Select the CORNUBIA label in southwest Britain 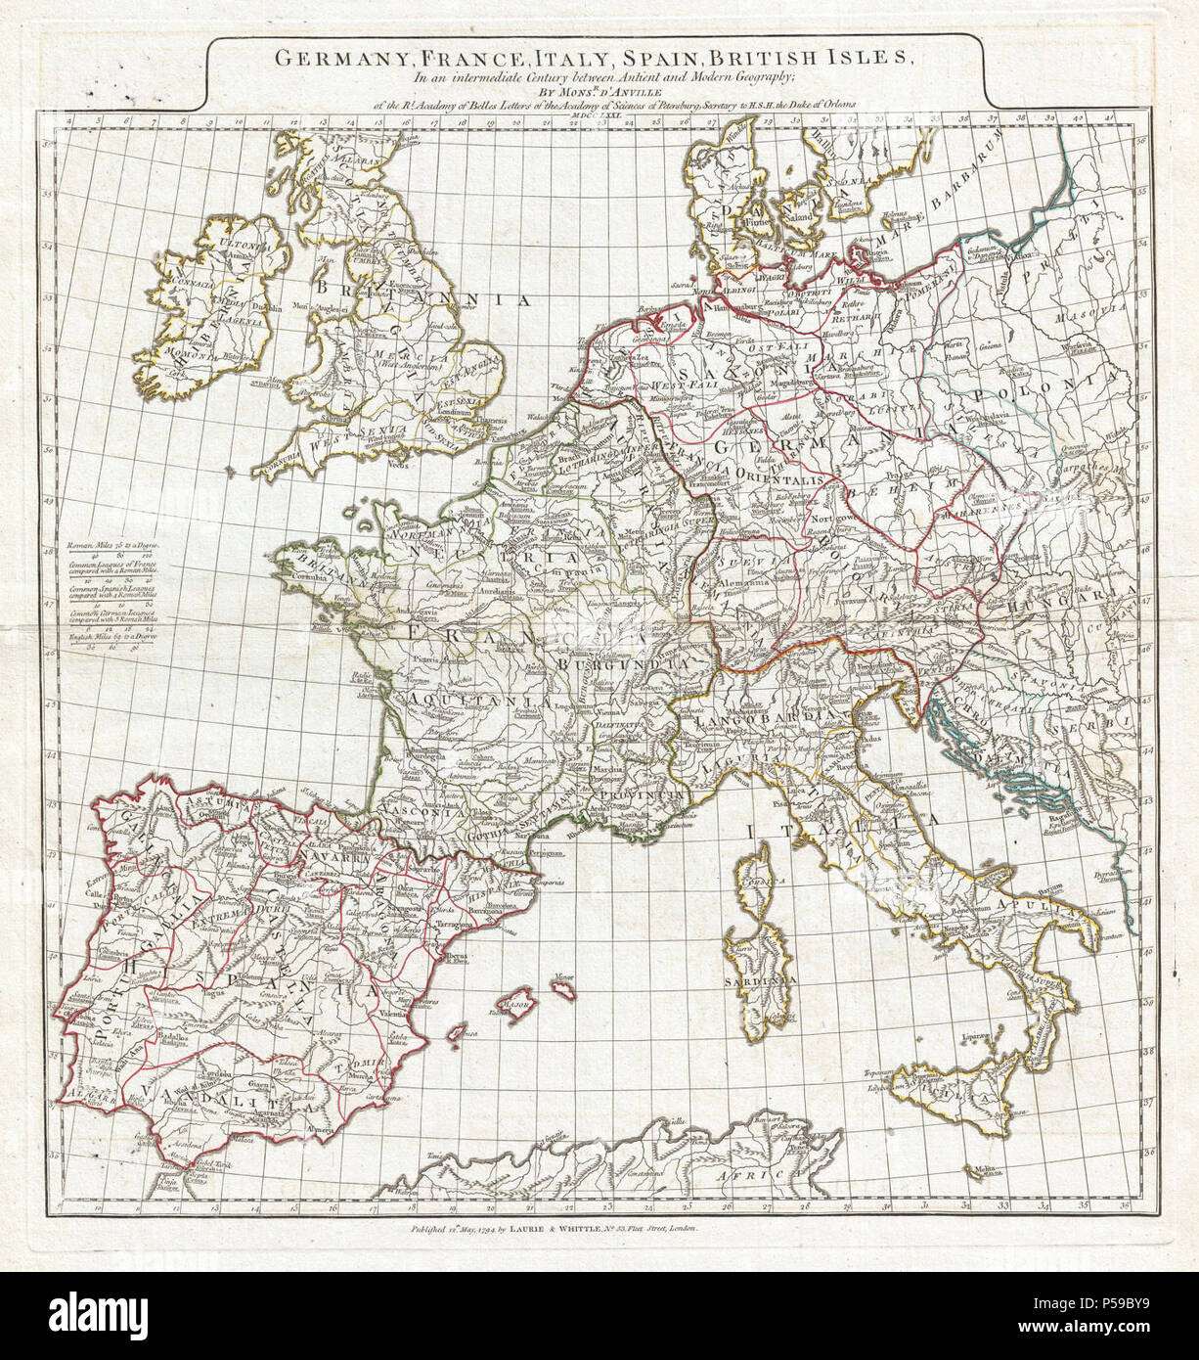click(282, 471)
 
